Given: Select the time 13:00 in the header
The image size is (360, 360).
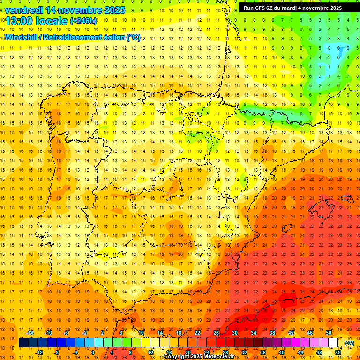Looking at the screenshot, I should click(x=18, y=21).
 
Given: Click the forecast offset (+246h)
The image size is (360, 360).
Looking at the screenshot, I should click(x=83, y=21).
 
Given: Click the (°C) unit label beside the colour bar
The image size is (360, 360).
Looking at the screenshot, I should click(x=349, y=343).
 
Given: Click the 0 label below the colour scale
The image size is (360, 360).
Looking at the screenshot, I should click(x=93, y=352).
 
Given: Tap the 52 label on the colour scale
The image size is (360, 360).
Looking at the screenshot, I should click(x=338, y=352).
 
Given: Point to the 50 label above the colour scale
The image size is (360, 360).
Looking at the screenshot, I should click(x=329, y=333).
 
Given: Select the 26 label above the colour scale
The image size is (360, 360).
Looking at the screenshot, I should click(x=216, y=333).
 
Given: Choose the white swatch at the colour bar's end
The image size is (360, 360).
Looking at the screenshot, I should click(x=333, y=343).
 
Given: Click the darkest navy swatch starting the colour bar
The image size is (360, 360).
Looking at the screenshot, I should click(x=23, y=343).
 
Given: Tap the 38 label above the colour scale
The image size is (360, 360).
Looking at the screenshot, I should click(x=272, y=333).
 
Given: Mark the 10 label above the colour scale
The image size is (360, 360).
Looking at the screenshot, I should click(x=141, y=333).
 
